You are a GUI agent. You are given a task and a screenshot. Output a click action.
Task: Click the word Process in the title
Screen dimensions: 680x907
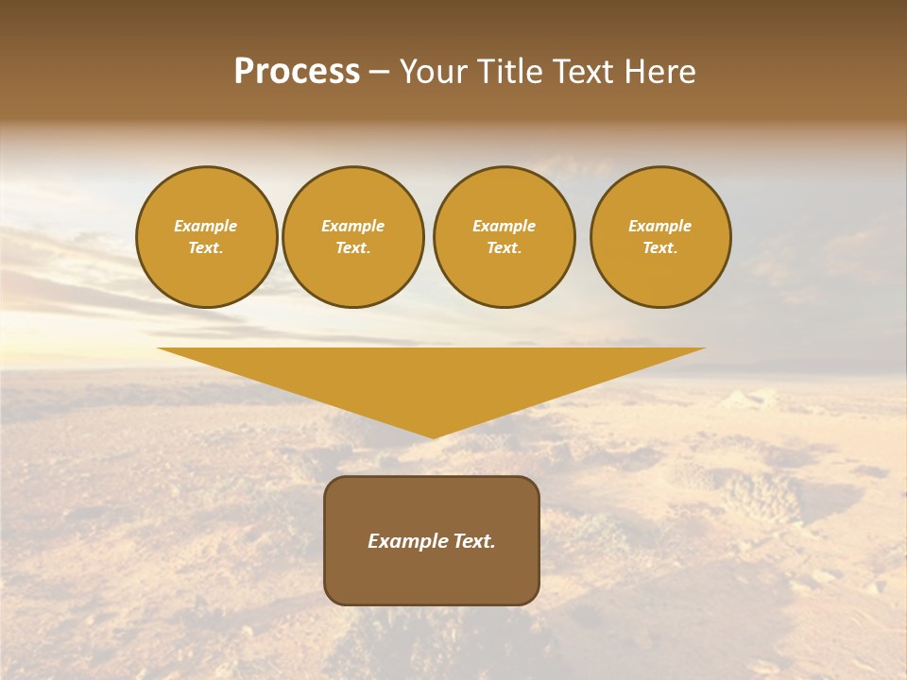pos(297,72)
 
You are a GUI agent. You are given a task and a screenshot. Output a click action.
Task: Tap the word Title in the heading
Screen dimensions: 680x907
pos(506,72)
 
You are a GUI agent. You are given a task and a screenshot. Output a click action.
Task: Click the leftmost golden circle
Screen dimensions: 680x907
pos(206,237)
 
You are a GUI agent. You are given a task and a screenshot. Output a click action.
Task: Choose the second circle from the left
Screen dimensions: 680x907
pos(352,237)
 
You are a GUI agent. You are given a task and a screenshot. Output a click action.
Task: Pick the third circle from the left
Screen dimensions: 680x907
pos(504,237)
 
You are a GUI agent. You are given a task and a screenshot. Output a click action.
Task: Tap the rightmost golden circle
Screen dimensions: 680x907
pos(659,237)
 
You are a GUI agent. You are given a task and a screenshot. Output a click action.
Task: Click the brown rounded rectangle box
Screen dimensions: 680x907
pos(432,540)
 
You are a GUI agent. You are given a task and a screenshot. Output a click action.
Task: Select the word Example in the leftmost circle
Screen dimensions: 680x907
pos(206,227)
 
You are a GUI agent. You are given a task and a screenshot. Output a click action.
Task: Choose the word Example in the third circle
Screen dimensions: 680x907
pos(504,227)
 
